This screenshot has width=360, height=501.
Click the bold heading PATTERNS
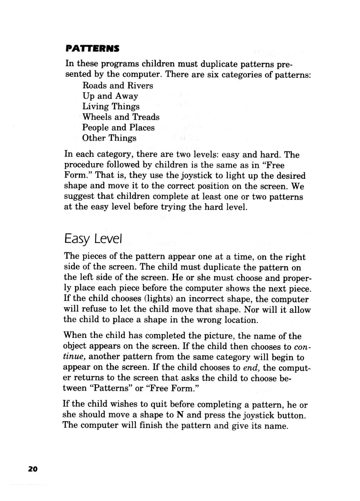pyautogui.click(x=92, y=49)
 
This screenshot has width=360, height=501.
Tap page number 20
pyautogui.click(x=33, y=469)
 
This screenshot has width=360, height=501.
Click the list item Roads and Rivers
pyautogui.click(x=118, y=85)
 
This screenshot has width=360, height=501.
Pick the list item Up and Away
pyautogui.click(x=110, y=96)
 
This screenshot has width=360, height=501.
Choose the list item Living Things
pyautogui.click(x=111, y=106)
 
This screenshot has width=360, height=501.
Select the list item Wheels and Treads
pyautogui.click(x=121, y=117)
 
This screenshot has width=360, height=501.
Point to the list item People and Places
pyautogui.click(x=118, y=128)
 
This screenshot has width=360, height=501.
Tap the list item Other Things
pyautogui.click(x=109, y=138)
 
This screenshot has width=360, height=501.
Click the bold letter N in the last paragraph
pyautogui.click(x=180, y=415)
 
